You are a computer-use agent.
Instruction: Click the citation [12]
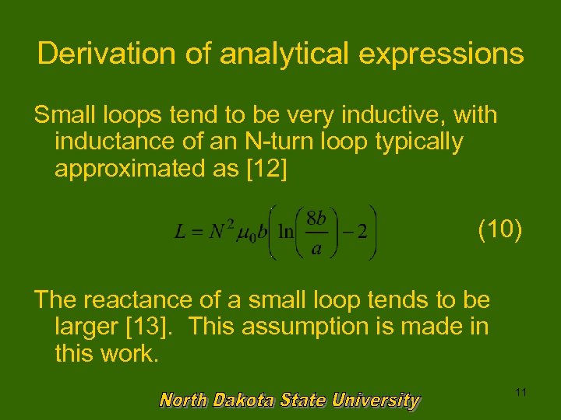pyautogui.click(x=264, y=170)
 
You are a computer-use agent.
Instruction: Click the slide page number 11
pyautogui.click(x=520, y=393)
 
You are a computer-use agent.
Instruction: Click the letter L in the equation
pyautogui.click(x=180, y=233)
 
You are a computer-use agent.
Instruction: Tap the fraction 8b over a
pyautogui.click(x=316, y=233)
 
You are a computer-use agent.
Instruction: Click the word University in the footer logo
pyautogui.click(x=375, y=401)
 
